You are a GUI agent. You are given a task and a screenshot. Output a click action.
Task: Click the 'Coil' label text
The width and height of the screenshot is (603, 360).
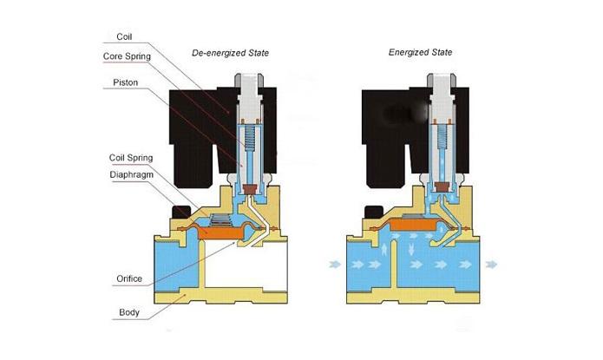point(124,36)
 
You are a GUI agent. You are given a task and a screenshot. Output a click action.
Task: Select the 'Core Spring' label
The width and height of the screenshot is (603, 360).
point(127,56)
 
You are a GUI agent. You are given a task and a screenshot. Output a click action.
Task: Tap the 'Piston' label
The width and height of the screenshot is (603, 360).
point(125,82)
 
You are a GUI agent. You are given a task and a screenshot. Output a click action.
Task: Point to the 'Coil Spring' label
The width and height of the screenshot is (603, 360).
point(131,158)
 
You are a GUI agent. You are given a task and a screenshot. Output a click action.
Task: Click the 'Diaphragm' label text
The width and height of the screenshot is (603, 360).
point(132,174)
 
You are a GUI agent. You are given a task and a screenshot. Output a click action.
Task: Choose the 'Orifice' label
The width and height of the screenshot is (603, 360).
point(129,278)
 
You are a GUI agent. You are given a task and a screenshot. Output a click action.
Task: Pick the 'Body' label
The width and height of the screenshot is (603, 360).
point(129,312)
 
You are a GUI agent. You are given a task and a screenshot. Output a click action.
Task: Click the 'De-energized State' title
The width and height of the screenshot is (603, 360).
point(231,53)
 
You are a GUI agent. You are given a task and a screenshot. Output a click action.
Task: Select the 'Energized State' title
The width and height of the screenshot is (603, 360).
point(420,52)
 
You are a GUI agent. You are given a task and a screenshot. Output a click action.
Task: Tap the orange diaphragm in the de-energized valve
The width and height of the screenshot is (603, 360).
point(221,232)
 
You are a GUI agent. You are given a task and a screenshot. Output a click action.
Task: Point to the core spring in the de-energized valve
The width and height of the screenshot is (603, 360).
point(250,137)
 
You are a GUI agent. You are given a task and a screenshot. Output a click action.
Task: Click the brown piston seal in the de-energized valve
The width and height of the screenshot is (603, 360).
point(251,189)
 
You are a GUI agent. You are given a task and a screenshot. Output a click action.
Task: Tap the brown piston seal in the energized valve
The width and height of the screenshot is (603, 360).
point(442,187)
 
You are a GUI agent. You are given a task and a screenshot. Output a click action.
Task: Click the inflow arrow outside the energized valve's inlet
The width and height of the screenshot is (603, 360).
point(336,265)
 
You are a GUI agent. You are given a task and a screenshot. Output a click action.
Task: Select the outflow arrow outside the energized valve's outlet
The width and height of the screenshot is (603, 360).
point(491,265)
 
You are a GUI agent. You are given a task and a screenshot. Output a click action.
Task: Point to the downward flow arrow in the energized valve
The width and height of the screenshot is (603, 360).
point(411,249)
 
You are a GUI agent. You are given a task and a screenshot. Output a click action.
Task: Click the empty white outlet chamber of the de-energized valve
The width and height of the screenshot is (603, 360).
point(246,265)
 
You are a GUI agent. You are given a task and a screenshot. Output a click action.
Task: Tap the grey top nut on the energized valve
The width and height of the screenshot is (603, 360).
point(442,80)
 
